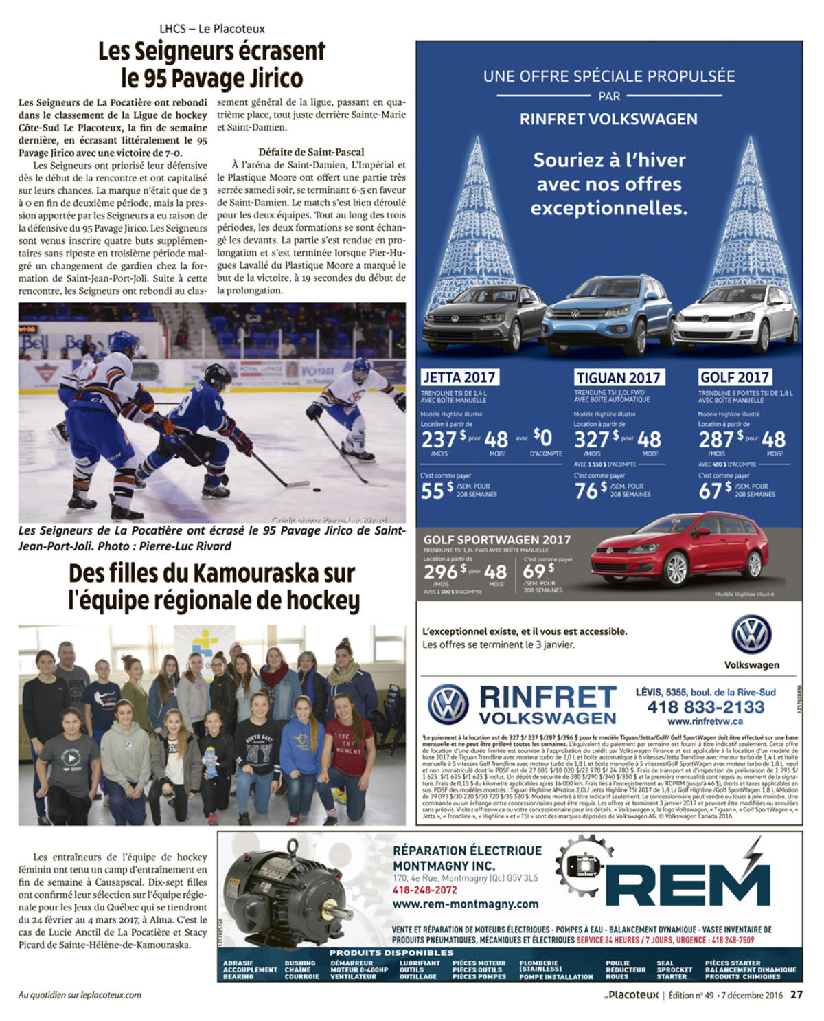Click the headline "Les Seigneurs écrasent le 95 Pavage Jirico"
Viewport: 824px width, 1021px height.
pyautogui.click(x=211, y=65)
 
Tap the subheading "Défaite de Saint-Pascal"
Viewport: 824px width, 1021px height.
pyautogui.click(x=311, y=152)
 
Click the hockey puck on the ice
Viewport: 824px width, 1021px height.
pyautogui.click(x=317, y=490)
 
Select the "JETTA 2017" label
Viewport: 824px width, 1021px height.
pyautogui.click(x=459, y=377)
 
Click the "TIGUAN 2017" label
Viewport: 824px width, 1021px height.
pyautogui.click(x=618, y=378)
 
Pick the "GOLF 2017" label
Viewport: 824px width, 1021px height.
pyautogui.click(x=734, y=377)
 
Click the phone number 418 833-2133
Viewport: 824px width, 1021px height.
pyautogui.click(x=705, y=707)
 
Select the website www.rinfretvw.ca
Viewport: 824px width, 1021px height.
pyautogui.click(x=705, y=721)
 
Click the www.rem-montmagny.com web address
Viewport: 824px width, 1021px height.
pyautogui.click(x=466, y=904)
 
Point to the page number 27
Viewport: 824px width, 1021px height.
pyautogui.click(x=797, y=994)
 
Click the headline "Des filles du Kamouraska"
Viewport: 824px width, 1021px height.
pyautogui.click(x=213, y=586)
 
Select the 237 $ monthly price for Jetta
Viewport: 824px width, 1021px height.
pyautogui.click(x=439, y=439)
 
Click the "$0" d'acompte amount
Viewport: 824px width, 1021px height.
pyautogui.click(x=542, y=437)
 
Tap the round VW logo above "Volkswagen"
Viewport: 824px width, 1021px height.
pyautogui.click(x=751, y=634)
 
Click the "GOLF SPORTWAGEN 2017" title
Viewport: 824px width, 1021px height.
pyautogui.click(x=496, y=540)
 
